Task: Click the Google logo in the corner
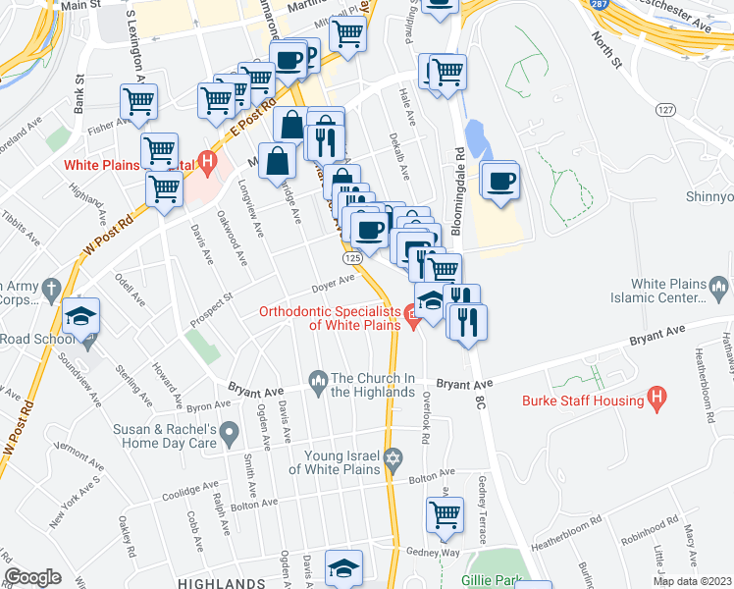pos(32,578)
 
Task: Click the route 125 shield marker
pos(354,257)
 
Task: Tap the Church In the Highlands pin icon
pos(317,379)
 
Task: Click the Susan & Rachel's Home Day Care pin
pos(229,430)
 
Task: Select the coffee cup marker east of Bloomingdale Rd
pos(500,181)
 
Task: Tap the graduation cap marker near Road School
pos(81,316)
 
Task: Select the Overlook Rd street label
pos(426,420)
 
